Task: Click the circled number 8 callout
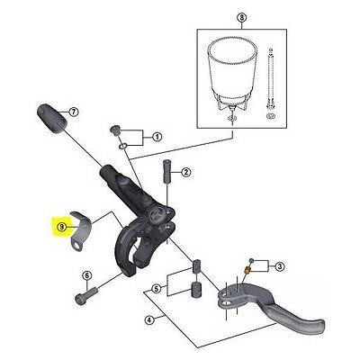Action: pos(242,18)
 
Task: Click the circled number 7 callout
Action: pos(73,112)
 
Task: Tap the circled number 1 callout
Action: pos(157,138)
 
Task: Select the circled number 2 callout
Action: pos(185,172)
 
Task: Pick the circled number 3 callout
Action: pos(279,266)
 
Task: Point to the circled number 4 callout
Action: pos(149,320)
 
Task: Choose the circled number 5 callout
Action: pos(156,289)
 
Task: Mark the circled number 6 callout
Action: pos(86,275)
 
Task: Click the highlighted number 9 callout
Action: pos(62,227)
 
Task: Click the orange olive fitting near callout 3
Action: pos(247,270)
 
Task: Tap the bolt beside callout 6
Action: pos(86,295)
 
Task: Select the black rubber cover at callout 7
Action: pos(51,118)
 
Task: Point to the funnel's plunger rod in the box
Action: pos(270,84)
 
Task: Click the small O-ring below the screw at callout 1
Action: pos(123,146)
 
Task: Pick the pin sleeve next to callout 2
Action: pos(166,170)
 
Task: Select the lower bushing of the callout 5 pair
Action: pos(195,289)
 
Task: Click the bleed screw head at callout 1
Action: pos(114,130)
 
